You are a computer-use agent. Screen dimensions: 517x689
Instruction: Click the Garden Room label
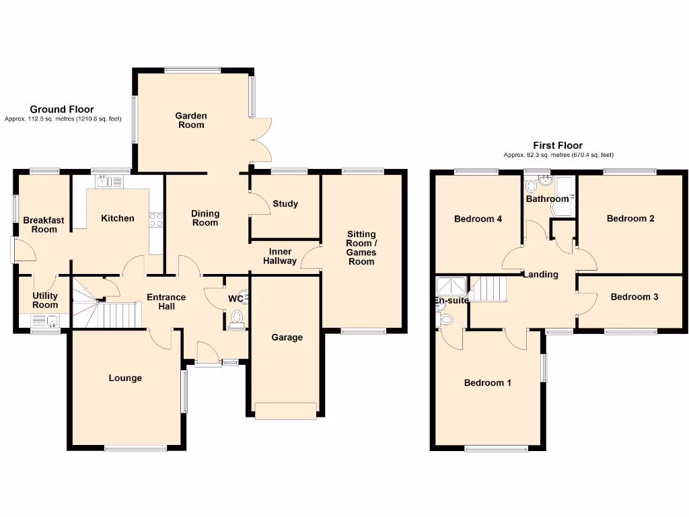190,120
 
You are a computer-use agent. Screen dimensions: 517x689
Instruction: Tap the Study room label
285,204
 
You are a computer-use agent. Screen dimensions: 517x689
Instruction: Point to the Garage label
287,337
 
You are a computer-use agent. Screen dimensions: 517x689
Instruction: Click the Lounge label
126,378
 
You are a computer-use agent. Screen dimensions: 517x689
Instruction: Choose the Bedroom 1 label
488,383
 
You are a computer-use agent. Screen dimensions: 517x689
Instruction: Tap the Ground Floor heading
62,109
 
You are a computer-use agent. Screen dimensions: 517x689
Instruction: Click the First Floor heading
558,145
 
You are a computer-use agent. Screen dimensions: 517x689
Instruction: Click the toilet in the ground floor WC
237,317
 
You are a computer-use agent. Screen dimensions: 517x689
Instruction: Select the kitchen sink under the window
109,181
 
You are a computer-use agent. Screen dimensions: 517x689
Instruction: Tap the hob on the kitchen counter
156,220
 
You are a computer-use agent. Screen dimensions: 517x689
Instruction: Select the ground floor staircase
108,310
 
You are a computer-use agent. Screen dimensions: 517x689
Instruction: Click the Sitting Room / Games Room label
361,248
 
